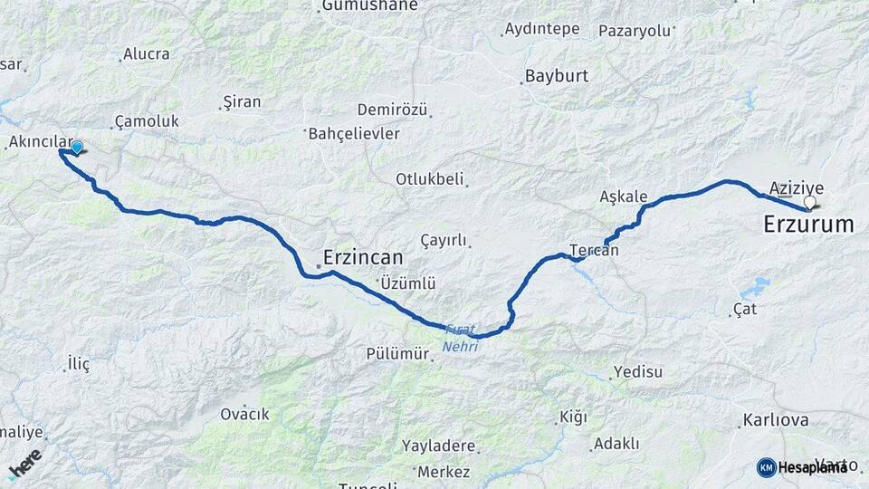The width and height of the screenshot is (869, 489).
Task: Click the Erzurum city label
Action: [x=808, y=224]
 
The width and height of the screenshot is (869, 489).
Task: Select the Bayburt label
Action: [x=557, y=76]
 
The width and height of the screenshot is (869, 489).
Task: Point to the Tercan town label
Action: [x=595, y=250]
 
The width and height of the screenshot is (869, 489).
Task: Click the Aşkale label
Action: [x=624, y=197]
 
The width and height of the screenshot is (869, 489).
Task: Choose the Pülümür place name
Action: [x=397, y=353]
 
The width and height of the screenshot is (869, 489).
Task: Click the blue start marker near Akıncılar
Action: [x=77, y=148]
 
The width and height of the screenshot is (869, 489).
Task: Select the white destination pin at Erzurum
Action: [x=809, y=203]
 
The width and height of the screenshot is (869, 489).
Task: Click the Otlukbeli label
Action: [x=429, y=178]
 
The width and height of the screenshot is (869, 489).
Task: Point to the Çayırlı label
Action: [x=444, y=240]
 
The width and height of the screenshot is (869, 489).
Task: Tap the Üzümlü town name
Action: [x=408, y=283]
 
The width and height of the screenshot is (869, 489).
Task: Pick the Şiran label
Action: [x=242, y=101]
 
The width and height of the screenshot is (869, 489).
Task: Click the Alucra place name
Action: [x=147, y=53]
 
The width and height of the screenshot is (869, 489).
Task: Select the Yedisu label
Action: [x=638, y=371]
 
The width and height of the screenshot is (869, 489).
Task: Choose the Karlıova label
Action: [x=775, y=420]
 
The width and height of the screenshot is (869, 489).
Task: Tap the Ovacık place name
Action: [x=244, y=414]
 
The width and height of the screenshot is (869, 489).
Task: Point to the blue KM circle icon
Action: [x=766, y=467]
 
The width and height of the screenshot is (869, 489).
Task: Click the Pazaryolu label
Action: [x=635, y=30]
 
